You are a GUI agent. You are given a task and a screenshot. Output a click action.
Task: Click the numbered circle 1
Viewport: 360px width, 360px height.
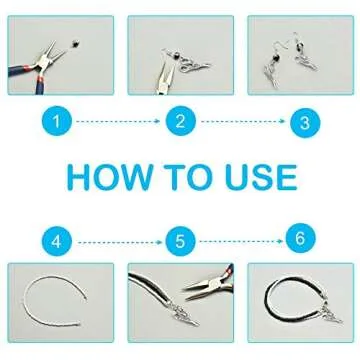58,122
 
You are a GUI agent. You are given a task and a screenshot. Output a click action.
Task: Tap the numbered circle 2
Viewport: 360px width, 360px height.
180,122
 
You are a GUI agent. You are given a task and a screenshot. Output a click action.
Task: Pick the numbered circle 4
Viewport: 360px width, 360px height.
58,241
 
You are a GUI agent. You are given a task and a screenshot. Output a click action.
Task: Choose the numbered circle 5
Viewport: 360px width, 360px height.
180,241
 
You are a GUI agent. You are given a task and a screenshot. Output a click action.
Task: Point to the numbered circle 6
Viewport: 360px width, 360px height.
301,239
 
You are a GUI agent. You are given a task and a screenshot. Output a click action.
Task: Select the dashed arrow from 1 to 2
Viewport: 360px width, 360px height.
119,122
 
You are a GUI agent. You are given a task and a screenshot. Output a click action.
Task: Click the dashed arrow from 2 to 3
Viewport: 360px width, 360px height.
241,122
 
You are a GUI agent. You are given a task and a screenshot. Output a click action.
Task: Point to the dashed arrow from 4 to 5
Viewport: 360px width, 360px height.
119,241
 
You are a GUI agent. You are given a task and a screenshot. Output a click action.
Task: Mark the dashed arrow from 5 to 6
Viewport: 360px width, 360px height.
241,240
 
